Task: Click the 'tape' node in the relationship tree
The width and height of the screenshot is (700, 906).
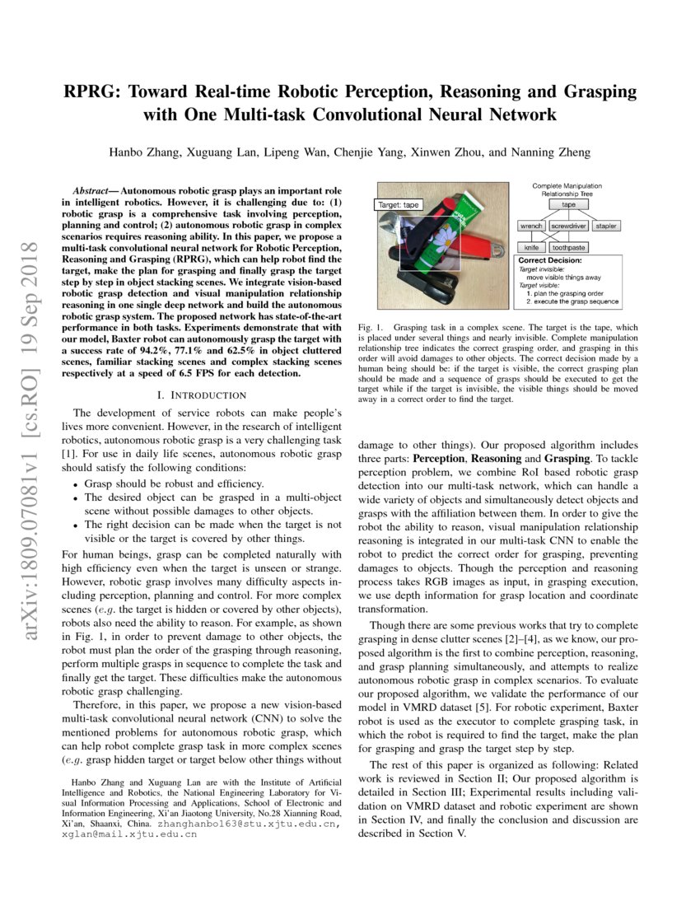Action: tap(568, 204)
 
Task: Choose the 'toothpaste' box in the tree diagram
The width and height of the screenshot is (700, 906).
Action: tap(569, 247)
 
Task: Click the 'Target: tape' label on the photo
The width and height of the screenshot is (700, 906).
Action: tap(398, 204)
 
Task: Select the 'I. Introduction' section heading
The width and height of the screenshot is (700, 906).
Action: tap(202, 395)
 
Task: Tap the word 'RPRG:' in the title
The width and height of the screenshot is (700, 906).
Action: tap(94, 91)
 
